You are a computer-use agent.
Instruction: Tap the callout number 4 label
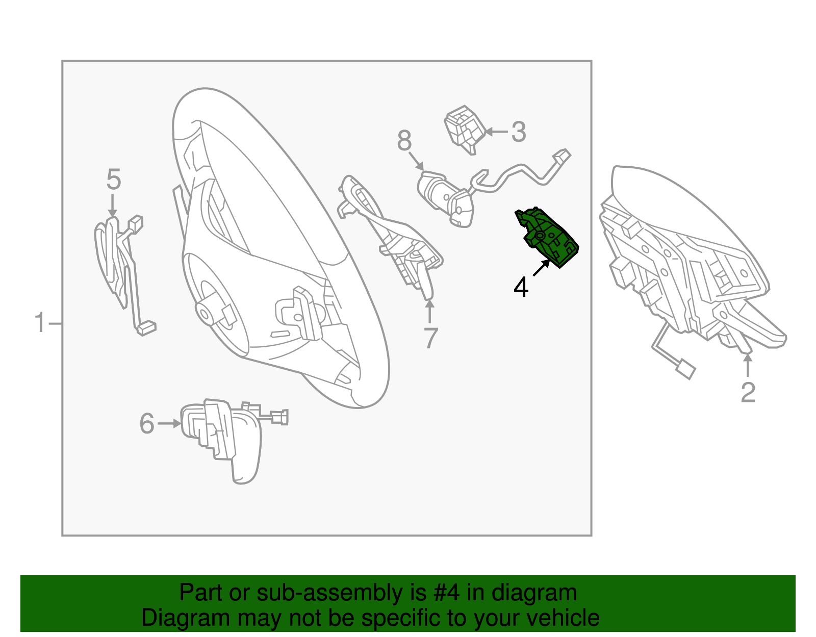coord(521,288)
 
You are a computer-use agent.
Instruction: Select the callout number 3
coord(518,132)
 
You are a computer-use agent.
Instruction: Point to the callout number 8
coord(404,141)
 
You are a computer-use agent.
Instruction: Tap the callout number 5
coord(113,180)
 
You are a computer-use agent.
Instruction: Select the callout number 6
coord(147,424)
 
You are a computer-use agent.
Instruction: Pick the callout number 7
coord(431,338)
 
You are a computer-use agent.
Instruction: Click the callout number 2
coord(748,392)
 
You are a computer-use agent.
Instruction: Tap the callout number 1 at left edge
coord(40,323)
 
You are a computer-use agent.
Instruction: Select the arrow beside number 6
coord(169,423)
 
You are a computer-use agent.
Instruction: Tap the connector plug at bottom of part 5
coord(146,327)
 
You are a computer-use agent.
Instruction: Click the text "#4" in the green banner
coord(447,593)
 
